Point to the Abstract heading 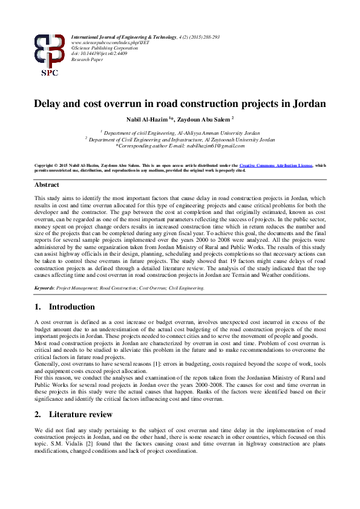47,184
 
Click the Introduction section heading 71,306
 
